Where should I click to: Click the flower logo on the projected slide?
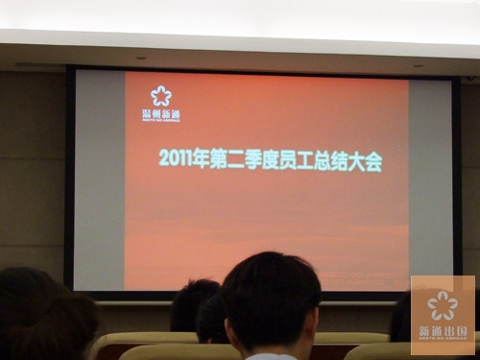[x=160, y=96]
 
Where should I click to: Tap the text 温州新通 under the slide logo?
[x=160, y=114]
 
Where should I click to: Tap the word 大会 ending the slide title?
[x=372, y=162]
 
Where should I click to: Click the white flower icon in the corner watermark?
[x=443, y=305]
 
